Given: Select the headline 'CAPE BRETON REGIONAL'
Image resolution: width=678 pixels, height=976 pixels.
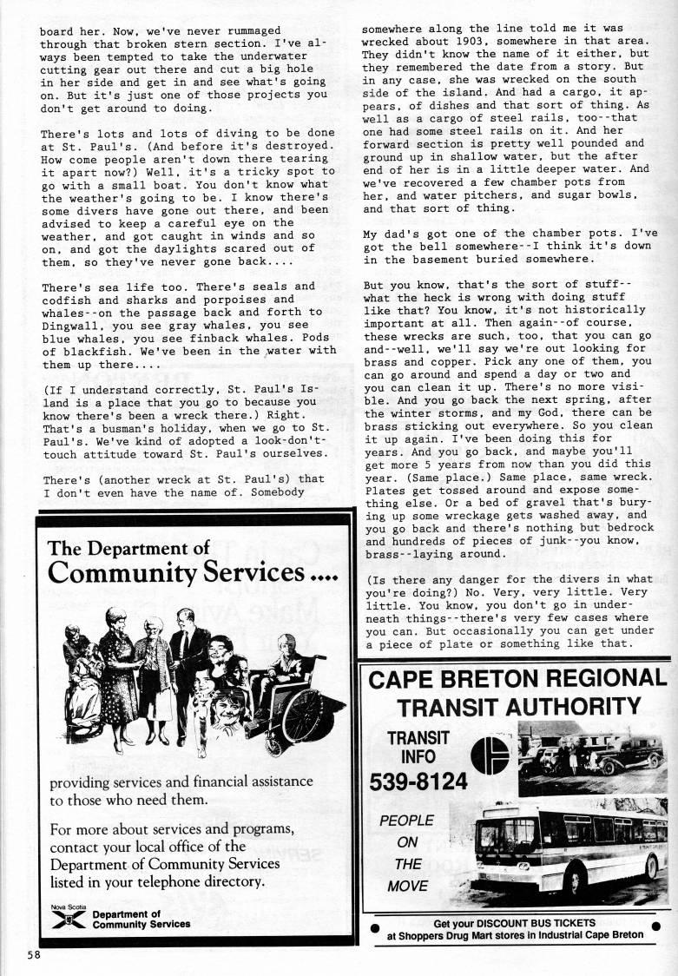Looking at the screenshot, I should coord(517,678).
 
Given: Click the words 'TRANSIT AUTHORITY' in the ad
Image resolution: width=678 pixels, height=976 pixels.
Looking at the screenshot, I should coord(517,706).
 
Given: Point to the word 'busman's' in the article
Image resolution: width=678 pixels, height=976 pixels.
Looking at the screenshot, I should coord(114,428).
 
